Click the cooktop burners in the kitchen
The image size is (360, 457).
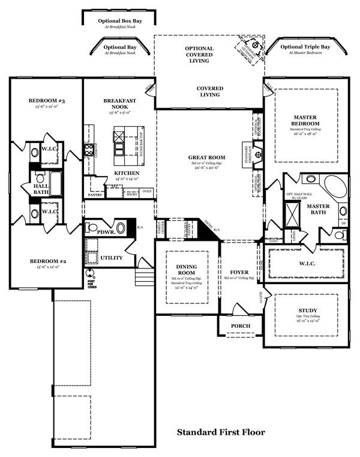point(89,149)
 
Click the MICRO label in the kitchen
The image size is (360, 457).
point(131,195)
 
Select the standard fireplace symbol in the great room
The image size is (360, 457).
point(258,154)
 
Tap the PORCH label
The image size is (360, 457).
point(240,326)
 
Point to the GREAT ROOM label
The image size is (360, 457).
point(206,157)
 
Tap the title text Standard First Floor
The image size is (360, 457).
point(220,432)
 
